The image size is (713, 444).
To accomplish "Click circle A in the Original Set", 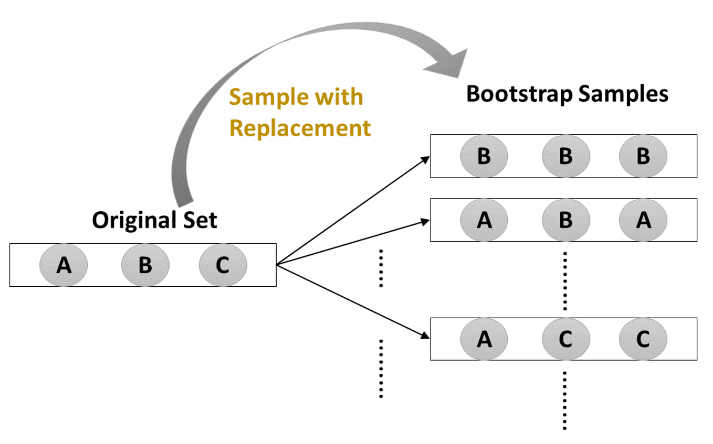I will pos(64,265).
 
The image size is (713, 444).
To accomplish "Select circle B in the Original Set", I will pos(145,265).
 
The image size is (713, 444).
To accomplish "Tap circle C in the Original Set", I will pos(223,265).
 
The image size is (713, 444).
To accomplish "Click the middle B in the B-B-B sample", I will pos(565,156).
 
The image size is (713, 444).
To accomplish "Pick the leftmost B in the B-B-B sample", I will pos(484,156).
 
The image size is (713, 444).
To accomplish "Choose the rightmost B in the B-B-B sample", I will pos(643,156).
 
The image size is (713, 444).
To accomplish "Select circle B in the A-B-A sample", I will pos(565,220).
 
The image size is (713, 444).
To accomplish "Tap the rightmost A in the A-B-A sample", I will pos(643,220).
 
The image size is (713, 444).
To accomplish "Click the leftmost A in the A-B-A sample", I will pos(484,220).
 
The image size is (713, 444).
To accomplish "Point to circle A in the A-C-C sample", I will pos(484,339).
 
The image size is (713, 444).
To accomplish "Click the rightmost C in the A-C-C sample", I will pos(643,339).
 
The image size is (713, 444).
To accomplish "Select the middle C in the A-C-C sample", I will pos(565,339).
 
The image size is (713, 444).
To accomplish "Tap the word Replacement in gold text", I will pos(300,128).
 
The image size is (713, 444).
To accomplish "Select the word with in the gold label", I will pos(340,98).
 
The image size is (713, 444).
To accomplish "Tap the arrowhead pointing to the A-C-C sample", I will pos(425,336).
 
